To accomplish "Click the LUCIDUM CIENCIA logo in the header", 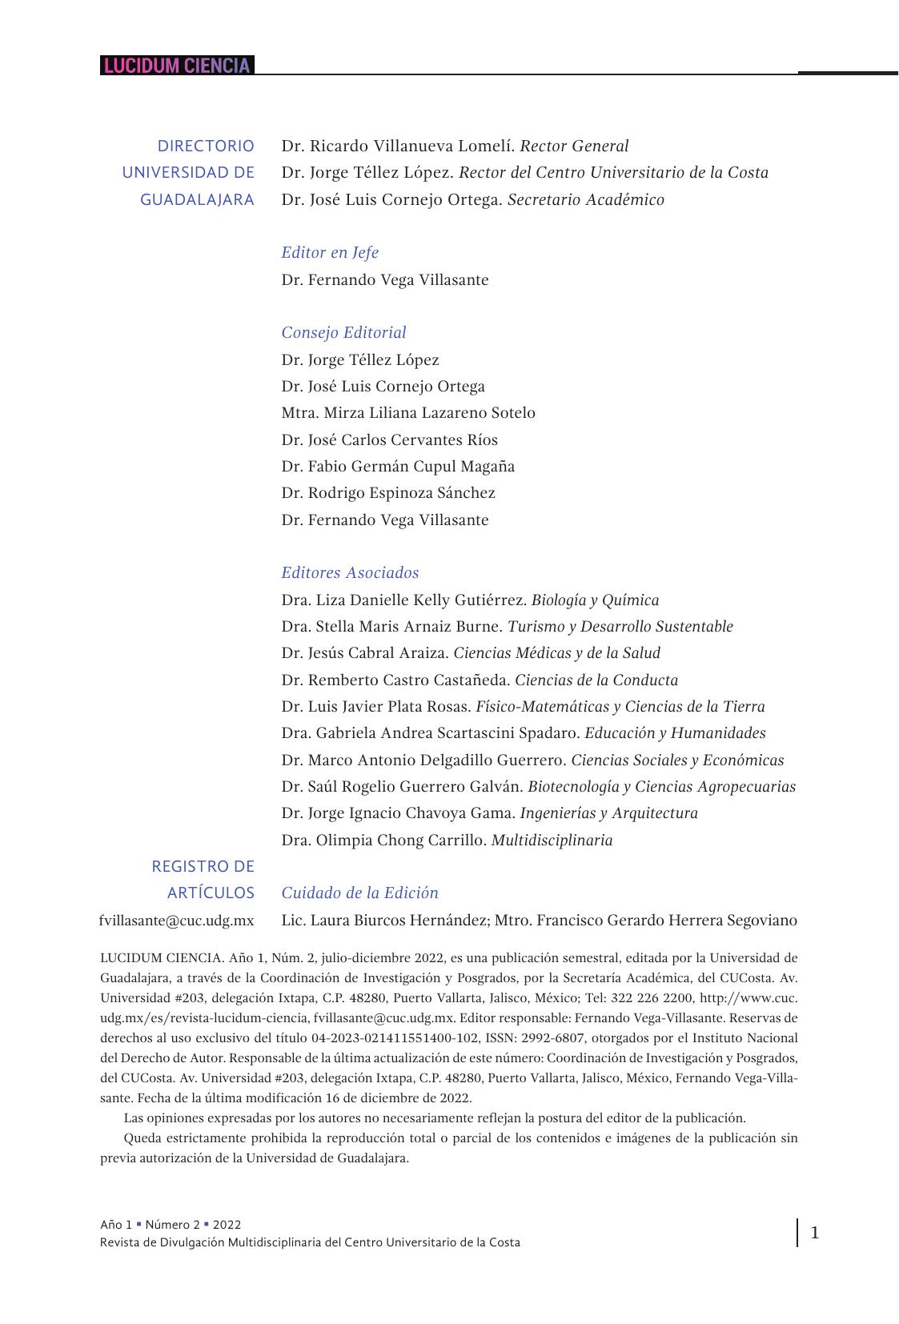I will (177, 66).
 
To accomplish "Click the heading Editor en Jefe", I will (329, 253).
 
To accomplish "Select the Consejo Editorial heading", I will (343, 333).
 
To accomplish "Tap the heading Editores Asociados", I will (350, 573).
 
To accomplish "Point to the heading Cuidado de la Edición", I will (359, 893).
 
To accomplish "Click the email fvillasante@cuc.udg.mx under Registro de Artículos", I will (176, 921).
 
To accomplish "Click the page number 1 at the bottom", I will (815, 1233).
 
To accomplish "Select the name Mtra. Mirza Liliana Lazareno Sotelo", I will (408, 413).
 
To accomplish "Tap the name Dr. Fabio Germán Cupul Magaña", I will (398, 467).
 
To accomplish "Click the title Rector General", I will (574, 146).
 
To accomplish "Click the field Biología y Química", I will (595, 600).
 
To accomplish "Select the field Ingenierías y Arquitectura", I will (608, 813).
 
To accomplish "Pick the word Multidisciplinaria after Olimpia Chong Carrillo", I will (552, 841).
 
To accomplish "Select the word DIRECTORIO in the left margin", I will (206, 146).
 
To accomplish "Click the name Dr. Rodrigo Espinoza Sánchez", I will (388, 493).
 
